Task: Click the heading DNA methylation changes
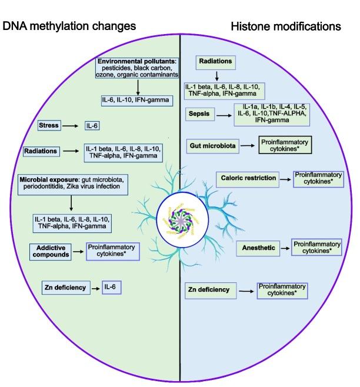(70, 26)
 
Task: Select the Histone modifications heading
(286, 26)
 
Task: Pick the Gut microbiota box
(211, 144)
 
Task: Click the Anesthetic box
(259, 249)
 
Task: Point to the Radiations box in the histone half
(216, 61)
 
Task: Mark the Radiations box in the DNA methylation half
(41, 151)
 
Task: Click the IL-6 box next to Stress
(92, 126)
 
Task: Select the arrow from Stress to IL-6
(71, 126)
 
